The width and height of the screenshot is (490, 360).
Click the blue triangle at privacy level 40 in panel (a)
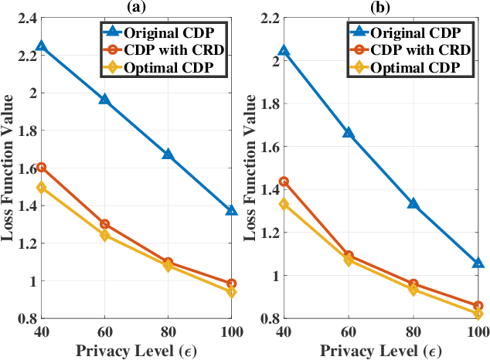41,46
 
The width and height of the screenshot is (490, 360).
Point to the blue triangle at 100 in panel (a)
231,210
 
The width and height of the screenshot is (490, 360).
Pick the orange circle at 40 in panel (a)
41,167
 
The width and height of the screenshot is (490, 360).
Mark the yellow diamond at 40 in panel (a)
41,188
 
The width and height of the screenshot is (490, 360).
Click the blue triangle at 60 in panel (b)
349,133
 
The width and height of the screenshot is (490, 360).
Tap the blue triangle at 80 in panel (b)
413,204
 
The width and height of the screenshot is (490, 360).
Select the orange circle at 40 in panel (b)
284,182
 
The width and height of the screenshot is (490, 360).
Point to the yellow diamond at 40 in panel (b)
284,204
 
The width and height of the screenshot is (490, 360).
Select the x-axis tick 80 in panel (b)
413,331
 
